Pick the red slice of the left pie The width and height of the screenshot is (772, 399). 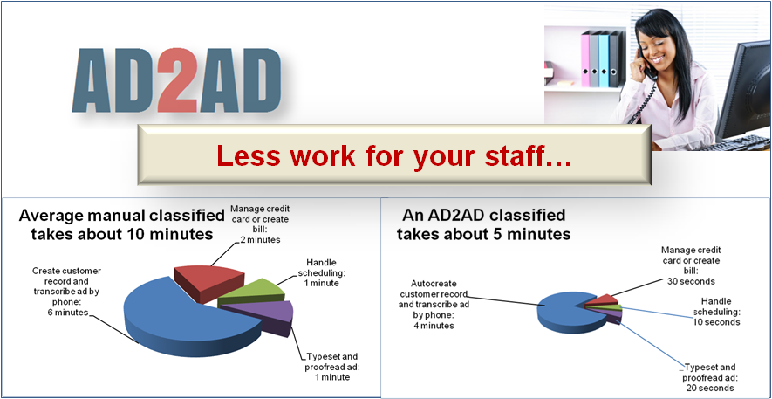[209, 283]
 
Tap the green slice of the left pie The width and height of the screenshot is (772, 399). [252, 292]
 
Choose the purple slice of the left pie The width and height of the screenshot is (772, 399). [261, 316]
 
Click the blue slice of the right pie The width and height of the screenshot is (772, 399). [566, 312]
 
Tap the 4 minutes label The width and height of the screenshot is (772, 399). [434, 326]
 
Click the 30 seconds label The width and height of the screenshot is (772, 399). [691, 281]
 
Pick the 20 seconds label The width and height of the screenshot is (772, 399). [709, 389]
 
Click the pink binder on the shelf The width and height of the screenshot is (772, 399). [585, 59]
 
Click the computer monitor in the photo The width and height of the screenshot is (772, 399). [744, 91]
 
